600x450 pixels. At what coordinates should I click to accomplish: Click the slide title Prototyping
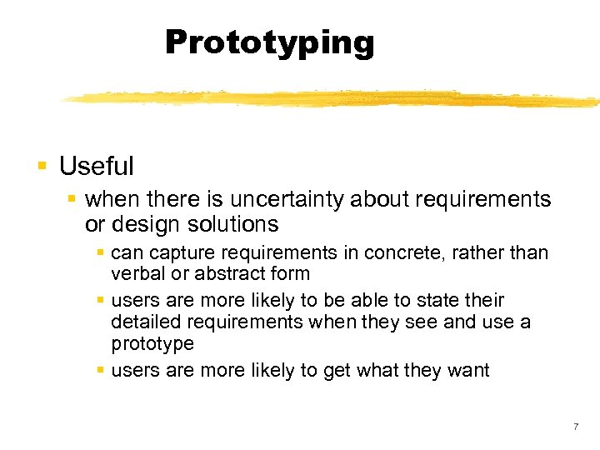coord(269,42)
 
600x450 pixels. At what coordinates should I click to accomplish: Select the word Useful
coord(96,167)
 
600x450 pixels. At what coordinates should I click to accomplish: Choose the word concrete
coord(387,252)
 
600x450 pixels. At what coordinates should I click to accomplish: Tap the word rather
coord(462,252)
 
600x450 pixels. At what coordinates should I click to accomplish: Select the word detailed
coord(143,322)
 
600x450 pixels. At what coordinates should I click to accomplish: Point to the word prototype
coord(152,344)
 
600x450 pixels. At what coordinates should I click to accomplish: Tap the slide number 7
coord(575,427)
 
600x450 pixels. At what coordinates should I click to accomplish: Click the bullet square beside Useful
coord(42,166)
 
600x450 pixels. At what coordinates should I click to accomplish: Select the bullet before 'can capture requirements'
coord(100,252)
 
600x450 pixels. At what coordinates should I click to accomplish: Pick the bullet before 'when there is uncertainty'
coord(72,199)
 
